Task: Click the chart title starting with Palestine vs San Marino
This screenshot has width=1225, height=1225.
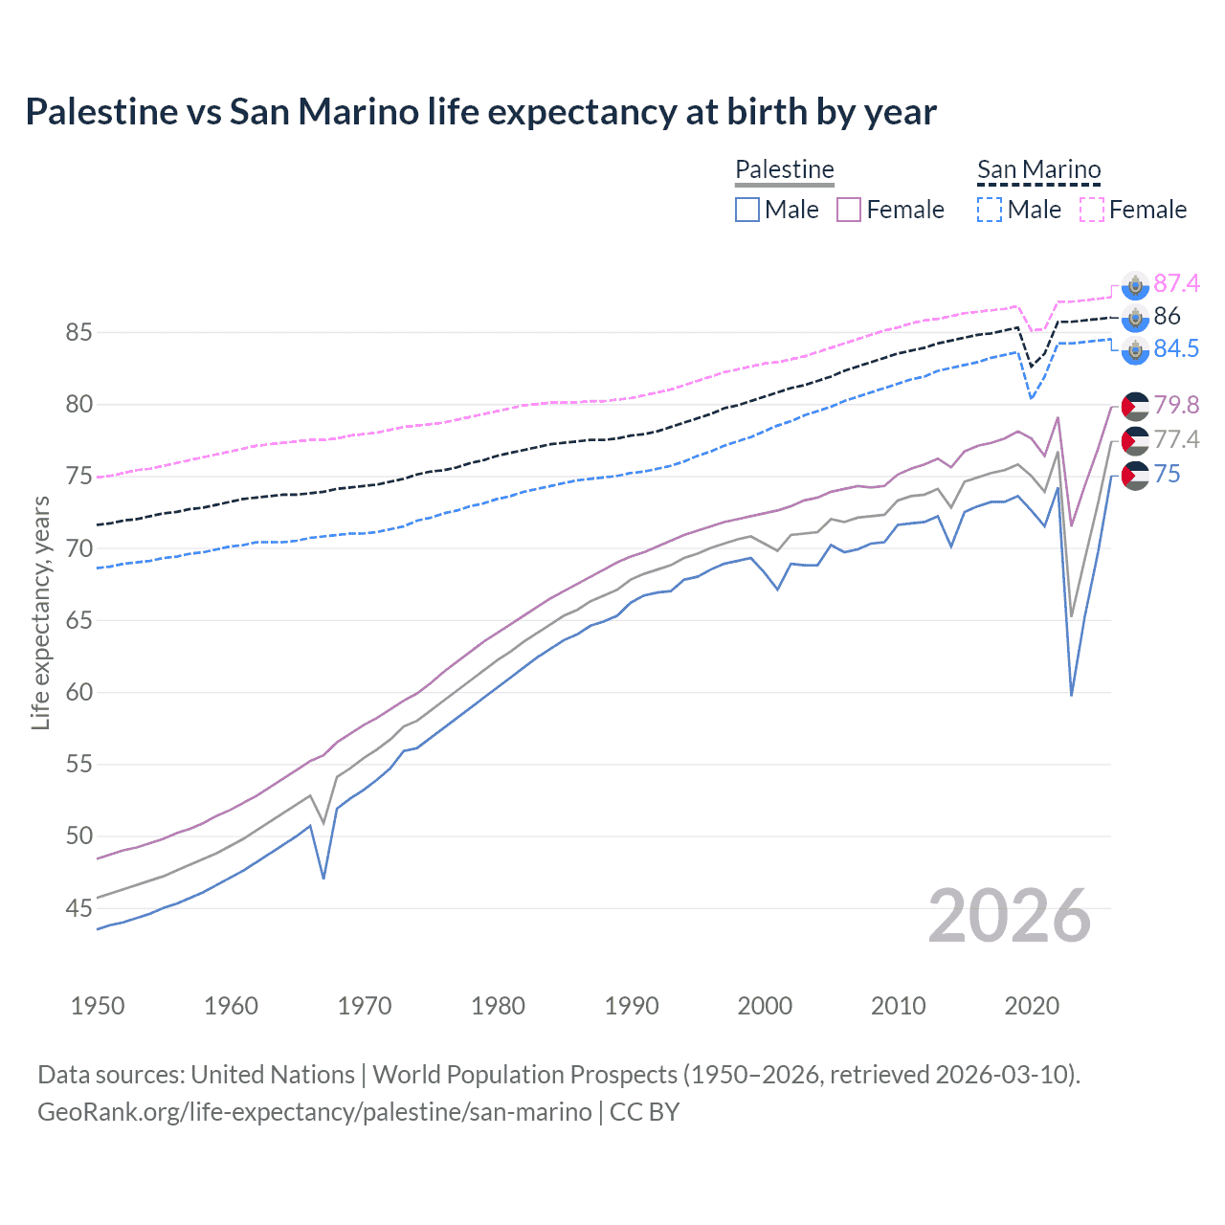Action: coord(480,112)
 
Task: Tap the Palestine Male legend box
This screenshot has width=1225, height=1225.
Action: coord(747,210)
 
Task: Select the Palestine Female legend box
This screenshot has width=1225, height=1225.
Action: coord(849,210)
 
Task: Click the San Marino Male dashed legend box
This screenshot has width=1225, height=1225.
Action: coord(990,210)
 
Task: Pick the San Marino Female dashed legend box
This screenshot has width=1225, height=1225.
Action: coord(1092,210)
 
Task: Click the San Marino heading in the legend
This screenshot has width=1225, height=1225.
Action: coord(1038,170)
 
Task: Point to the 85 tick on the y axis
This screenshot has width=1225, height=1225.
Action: coord(78,333)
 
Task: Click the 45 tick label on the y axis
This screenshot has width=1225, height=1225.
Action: coord(78,908)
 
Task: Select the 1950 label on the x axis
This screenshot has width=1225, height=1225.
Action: coord(98,1006)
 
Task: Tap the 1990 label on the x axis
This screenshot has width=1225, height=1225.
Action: coord(632,1006)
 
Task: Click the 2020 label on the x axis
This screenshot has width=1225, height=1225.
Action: coord(1032,1006)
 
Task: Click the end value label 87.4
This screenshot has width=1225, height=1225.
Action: coord(1176,283)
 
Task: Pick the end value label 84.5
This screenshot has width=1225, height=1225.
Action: coord(1176,348)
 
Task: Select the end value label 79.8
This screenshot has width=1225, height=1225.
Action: coord(1176,405)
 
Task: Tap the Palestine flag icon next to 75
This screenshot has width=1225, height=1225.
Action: coord(1135,475)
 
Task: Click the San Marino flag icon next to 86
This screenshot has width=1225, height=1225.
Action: coord(1135,318)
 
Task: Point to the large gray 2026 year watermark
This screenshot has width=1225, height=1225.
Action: coord(1010,916)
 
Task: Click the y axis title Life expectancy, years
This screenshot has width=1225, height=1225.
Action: coord(41,612)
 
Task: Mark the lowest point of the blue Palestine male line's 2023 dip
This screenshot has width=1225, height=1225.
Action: coord(1071,695)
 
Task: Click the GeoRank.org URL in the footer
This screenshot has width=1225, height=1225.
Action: coord(314,1112)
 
